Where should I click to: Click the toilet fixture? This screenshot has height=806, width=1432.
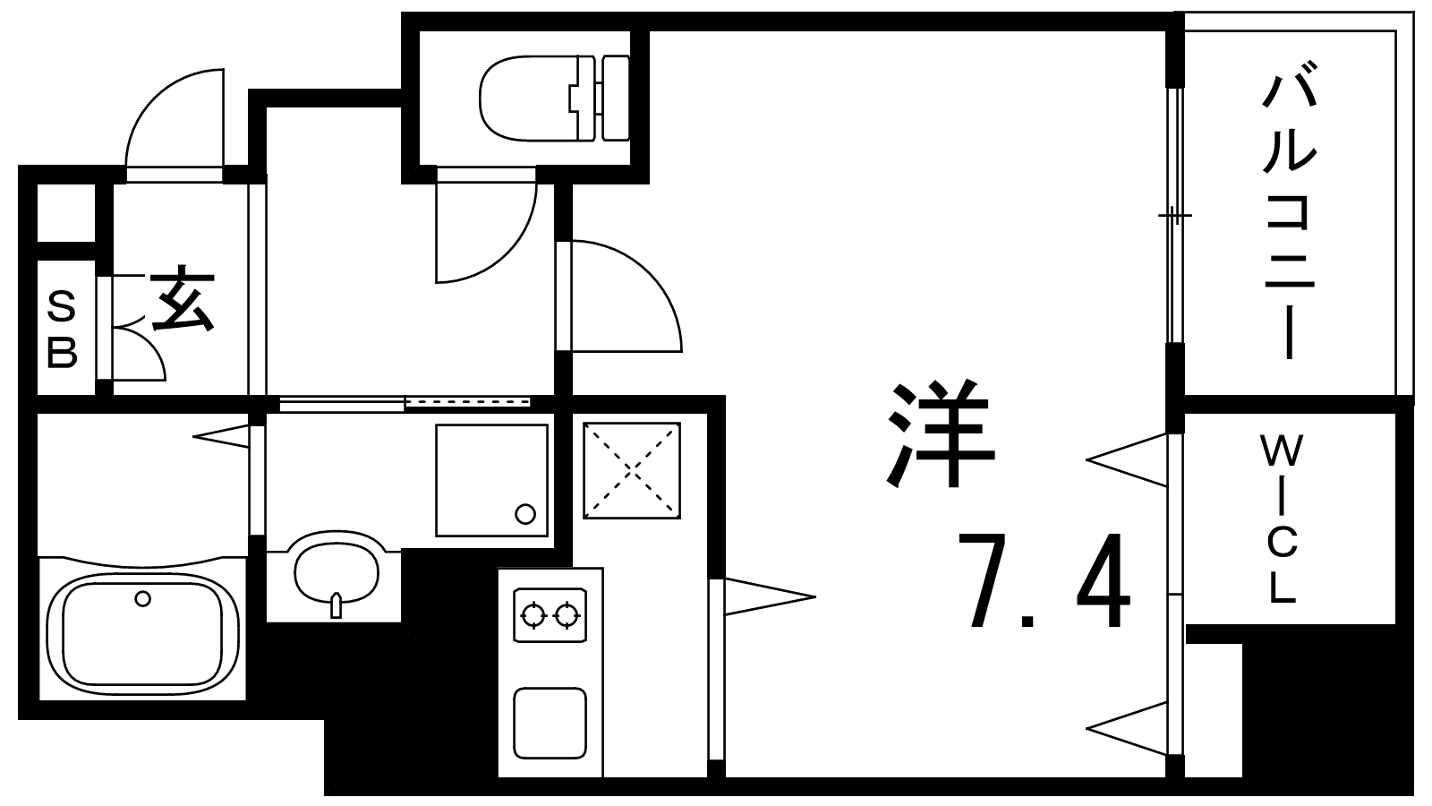554,98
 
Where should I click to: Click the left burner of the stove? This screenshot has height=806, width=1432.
533,615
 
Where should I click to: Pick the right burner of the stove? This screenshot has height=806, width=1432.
566,615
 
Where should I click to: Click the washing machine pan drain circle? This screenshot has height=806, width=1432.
525,514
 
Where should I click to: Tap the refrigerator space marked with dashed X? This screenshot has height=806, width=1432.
632,470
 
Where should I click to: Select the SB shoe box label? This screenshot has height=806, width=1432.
62,330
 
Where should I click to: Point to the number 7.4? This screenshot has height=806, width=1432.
1044,580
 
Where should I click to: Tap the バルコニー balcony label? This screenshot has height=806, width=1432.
1290,218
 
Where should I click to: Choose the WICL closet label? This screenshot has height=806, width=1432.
1282,519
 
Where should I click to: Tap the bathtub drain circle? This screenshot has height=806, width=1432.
142,599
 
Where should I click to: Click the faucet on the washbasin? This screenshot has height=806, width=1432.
337,605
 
